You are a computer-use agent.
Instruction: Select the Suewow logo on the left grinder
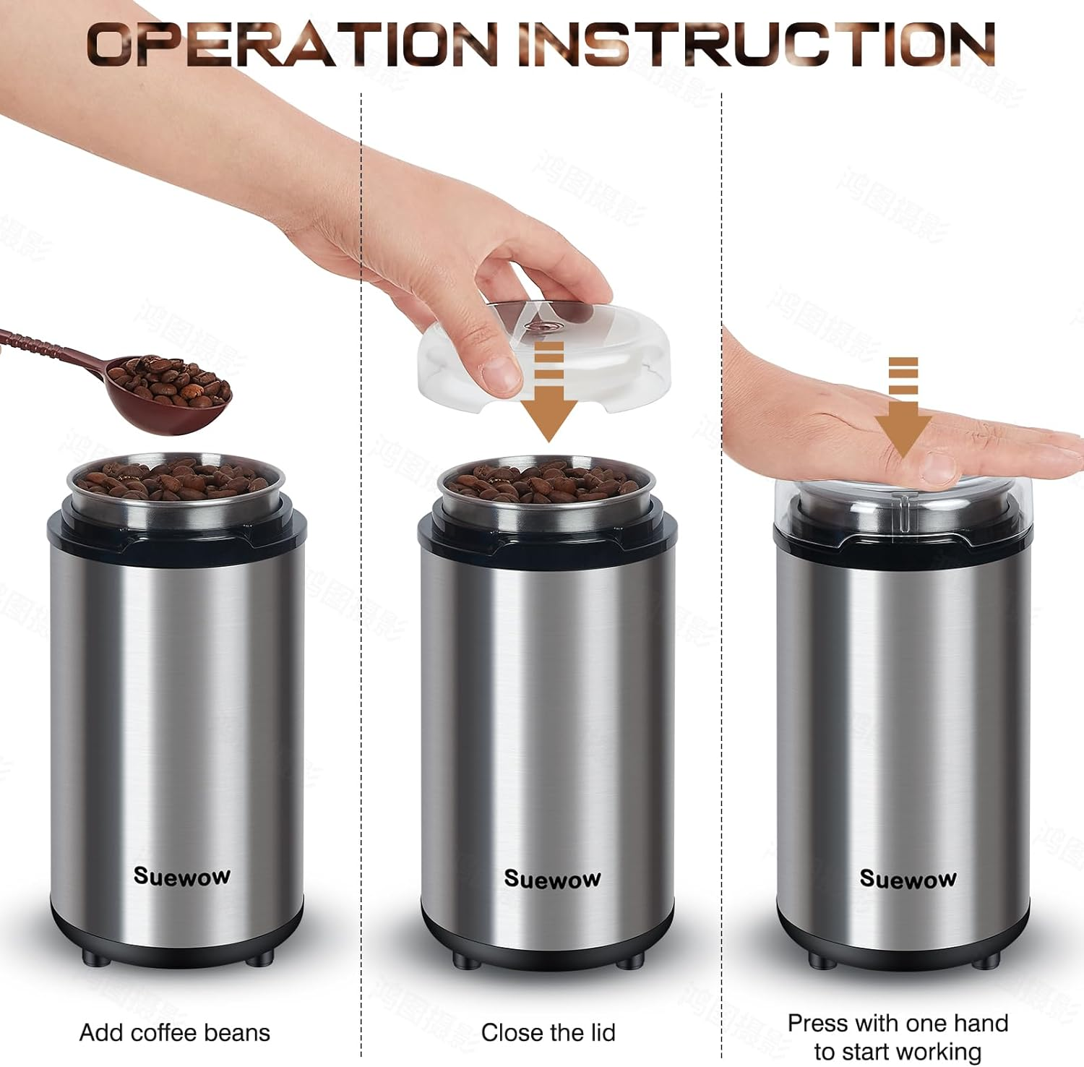click(x=182, y=876)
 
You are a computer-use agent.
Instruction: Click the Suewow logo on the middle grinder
click(x=552, y=879)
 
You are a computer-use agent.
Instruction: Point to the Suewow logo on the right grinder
click(x=908, y=879)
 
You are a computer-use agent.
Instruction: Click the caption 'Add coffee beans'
click(x=175, y=1032)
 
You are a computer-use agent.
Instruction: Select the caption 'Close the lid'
click(x=549, y=1032)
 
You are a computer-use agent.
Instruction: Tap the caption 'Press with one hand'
click(x=898, y=1023)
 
